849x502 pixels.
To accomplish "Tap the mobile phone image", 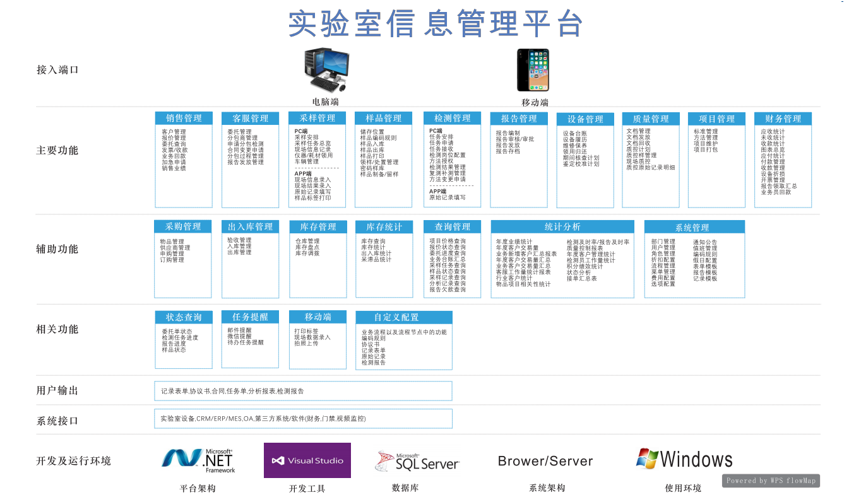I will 532,70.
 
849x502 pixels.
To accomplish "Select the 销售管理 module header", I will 184,119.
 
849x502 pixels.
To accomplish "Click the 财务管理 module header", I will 783,119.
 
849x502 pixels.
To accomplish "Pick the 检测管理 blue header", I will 452,118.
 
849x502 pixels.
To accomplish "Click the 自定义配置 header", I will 396,317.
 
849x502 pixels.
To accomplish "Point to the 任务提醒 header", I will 250,317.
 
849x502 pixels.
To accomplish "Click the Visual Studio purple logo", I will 307,460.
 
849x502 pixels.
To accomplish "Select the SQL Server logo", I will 417,462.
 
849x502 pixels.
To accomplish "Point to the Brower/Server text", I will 545,461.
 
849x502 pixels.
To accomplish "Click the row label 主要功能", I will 57,151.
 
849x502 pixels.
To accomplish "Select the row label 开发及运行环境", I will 73,461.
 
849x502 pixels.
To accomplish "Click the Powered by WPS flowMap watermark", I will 771,481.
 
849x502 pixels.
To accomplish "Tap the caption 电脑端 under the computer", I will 325,102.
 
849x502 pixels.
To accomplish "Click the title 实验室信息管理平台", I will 435,24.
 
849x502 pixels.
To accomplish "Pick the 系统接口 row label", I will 57,421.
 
